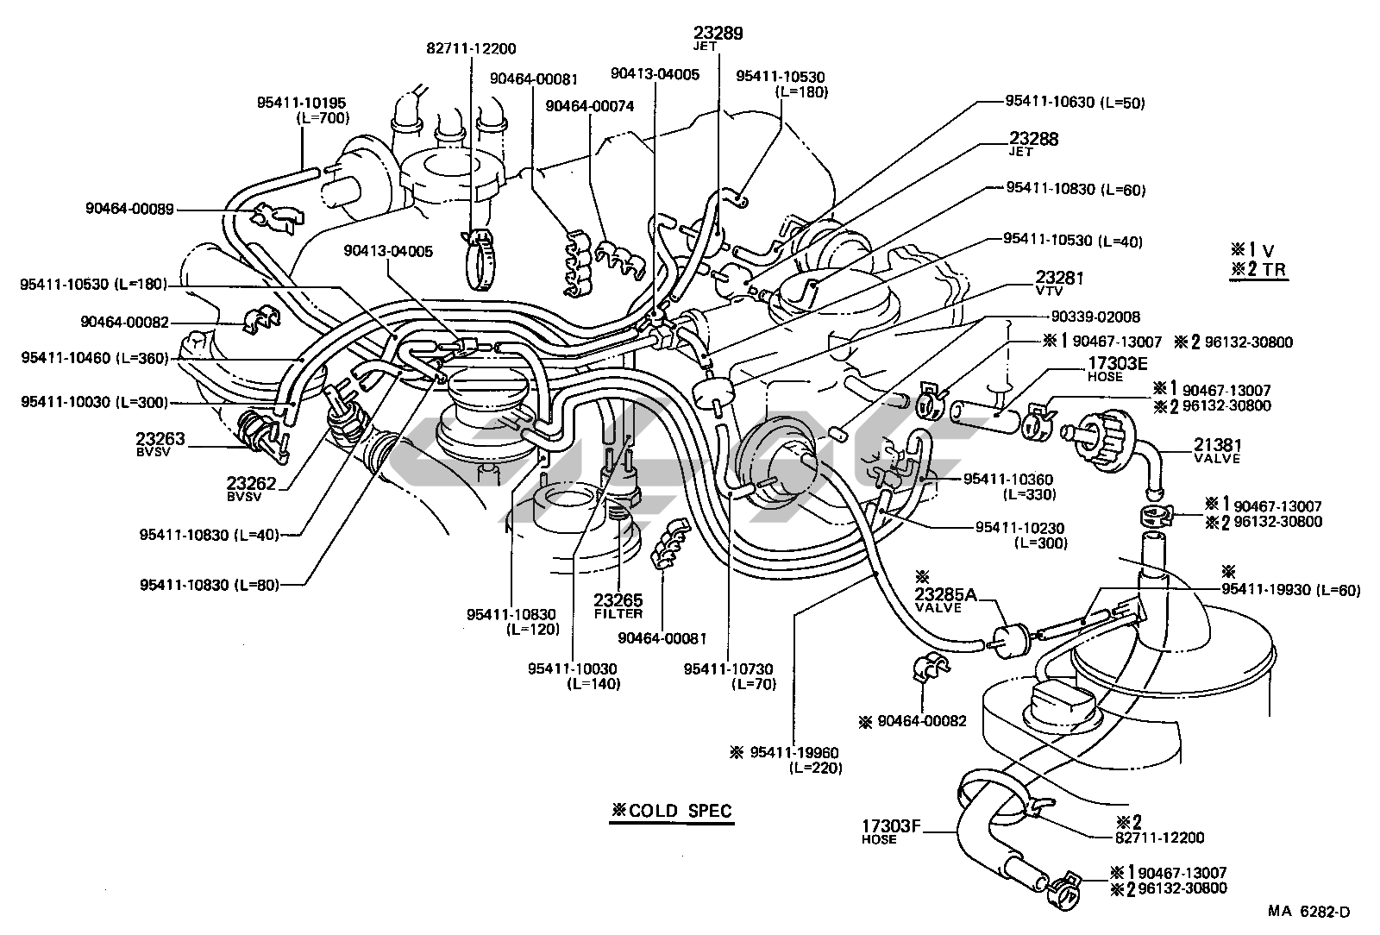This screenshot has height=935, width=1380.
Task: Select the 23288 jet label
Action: [1034, 139]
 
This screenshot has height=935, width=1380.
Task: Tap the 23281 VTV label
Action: [1059, 278]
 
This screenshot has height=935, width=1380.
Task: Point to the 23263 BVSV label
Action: [160, 439]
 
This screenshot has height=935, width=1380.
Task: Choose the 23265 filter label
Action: [618, 600]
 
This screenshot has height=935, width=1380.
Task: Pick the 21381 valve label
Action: [1217, 445]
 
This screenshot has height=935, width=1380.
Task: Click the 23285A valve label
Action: [945, 593]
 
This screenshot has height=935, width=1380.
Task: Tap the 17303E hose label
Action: [1113, 364]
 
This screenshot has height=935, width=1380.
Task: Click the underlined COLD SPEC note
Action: [672, 811]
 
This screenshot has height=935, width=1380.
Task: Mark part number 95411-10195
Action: [301, 102]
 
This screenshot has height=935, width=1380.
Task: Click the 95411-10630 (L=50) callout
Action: [1075, 102]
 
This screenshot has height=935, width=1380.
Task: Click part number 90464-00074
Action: [590, 106]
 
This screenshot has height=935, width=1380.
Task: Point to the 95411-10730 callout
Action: [728, 668]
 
